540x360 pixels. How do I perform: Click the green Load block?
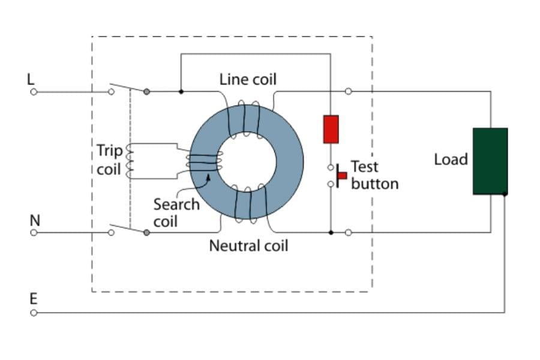490,161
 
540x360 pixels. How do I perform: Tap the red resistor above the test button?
331,129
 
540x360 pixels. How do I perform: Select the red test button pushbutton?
341,175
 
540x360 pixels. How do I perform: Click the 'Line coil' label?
248,79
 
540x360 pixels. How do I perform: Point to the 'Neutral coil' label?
248,246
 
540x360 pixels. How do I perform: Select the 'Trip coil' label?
109,160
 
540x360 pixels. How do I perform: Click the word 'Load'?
451,160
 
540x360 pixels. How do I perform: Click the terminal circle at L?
34,92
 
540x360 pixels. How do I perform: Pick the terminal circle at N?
34,232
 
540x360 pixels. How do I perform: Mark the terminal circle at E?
34,313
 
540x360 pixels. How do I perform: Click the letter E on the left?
34,299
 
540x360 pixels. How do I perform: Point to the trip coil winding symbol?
128,161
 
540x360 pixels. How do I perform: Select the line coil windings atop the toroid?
244,118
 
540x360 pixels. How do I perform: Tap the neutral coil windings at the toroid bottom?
247,205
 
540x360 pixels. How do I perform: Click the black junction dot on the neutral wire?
331,232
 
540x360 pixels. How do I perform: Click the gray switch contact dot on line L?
146,92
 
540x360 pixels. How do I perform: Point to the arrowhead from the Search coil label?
208,176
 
